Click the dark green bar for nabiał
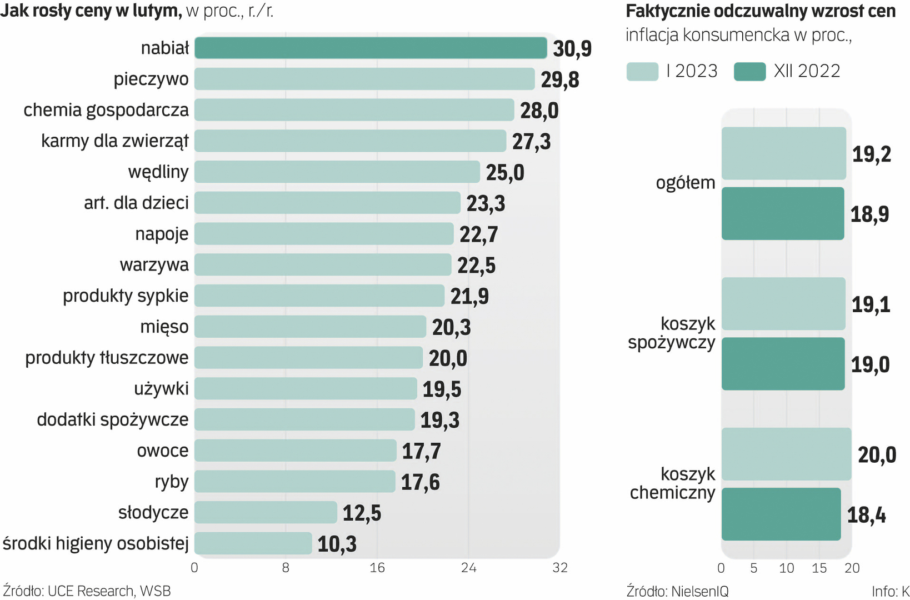371,48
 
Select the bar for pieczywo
364,79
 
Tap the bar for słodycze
266,512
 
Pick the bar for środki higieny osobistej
253,543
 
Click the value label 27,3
531,142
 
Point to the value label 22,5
476,266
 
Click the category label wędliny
158,172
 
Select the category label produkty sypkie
126,296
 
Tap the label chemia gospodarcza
106,110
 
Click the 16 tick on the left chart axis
377,568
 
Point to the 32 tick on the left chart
559,568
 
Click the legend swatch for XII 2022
749,72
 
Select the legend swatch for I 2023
642,72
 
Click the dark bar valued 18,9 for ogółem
783,214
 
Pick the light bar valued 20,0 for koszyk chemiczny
786,454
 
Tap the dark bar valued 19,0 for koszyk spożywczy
783,364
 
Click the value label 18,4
866,516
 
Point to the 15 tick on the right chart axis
819,568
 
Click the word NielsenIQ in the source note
699,591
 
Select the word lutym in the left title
153,11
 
